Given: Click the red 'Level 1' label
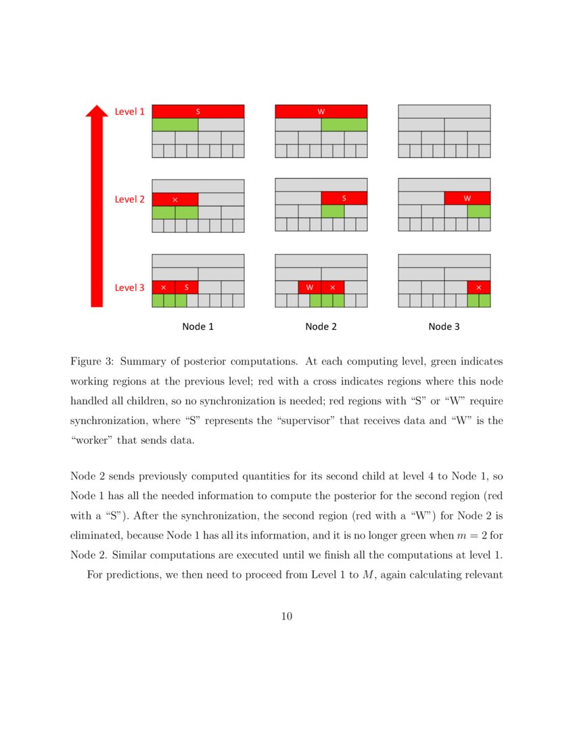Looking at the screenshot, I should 129,111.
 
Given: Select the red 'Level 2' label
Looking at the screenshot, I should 129,199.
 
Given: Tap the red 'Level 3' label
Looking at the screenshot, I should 129,287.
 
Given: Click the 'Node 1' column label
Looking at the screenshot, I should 198,326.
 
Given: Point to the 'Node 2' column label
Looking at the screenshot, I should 321,326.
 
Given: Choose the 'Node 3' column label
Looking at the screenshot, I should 444,326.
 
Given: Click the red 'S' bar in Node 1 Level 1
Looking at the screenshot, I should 198,111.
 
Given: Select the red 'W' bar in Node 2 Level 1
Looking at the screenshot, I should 321,111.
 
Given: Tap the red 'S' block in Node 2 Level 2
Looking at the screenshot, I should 344,198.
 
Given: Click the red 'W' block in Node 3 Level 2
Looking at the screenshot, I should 467,198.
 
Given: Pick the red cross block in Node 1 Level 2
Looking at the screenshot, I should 175,199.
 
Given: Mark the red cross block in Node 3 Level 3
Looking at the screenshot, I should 479,287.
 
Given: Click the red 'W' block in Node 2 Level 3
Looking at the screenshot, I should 310,287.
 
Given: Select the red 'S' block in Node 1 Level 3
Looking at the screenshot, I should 187,287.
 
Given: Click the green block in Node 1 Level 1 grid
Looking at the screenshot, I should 175,125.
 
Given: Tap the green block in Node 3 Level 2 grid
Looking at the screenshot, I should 479,211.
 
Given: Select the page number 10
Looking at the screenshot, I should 287,616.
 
